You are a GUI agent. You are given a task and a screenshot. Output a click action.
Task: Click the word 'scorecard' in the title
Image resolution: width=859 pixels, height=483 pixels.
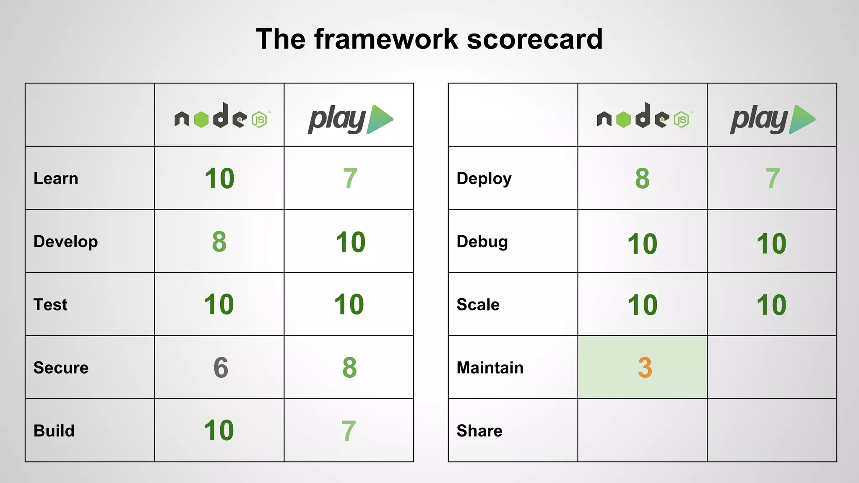coord(534,39)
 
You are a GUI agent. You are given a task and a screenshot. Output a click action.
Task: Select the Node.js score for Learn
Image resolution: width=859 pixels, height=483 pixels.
coord(219,179)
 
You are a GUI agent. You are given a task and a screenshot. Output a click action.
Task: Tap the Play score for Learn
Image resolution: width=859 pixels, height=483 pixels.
coord(350,179)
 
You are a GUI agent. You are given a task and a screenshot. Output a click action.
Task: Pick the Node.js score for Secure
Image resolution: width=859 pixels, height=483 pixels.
coord(221,368)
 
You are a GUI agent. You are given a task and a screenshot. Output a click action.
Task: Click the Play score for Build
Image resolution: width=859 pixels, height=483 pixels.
coord(349,431)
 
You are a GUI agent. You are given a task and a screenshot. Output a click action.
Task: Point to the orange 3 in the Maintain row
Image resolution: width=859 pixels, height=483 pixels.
coord(645,368)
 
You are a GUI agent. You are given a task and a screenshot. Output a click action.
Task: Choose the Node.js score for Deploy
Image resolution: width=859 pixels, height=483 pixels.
coord(642,179)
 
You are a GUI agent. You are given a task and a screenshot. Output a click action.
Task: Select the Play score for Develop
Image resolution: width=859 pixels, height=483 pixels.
coord(350,242)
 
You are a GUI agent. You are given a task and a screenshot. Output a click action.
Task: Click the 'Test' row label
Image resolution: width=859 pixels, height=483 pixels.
coord(50,305)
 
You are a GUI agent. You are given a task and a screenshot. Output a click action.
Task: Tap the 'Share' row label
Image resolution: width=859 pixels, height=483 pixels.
coord(479,431)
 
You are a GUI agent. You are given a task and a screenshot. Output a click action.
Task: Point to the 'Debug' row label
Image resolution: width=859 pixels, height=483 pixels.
coord(482,242)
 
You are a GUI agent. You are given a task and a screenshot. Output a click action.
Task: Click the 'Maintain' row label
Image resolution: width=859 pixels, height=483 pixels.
coord(490,368)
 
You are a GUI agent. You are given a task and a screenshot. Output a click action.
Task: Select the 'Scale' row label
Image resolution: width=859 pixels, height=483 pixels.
coord(478,305)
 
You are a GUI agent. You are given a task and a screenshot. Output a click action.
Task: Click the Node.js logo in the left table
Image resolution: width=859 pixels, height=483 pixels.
coord(222,116)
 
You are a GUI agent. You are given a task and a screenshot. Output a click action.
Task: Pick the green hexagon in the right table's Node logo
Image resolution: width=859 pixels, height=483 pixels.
coord(624,119)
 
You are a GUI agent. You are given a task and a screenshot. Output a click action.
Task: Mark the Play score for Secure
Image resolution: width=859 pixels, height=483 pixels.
coord(349,368)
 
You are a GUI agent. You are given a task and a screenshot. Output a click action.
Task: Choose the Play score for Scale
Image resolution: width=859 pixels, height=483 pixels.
coord(771,305)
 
